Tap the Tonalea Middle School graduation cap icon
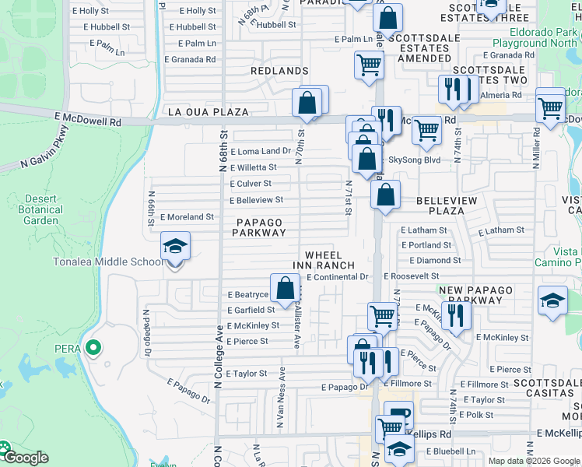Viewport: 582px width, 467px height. coord(176,248)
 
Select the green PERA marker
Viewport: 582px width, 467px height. coord(93,348)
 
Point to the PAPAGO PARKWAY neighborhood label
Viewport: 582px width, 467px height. coord(258,227)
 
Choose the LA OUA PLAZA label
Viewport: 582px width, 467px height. coord(209,112)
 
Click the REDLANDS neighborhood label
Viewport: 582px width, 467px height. coord(279,71)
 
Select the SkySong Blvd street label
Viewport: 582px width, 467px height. coord(415,160)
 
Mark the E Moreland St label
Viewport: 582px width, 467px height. coord(187,217)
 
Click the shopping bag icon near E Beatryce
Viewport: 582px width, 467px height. coord(285,289)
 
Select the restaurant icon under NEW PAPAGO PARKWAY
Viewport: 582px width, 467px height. coord(456,316)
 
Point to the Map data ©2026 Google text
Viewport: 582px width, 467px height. coord(533,461)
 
